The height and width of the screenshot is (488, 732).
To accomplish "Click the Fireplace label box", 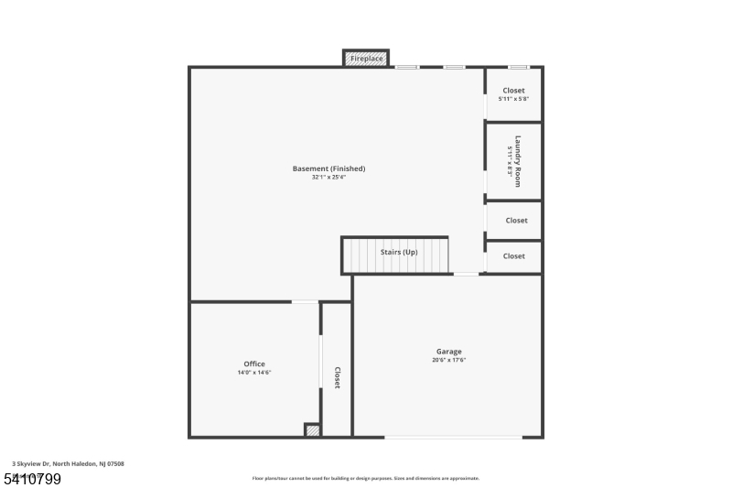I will pos(366,59).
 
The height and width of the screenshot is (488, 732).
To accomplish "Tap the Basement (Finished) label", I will pos(328,168).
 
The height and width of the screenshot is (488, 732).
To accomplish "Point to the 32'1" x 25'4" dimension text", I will pos(328,177).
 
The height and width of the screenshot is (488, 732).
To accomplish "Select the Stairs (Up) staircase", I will pos(397,255).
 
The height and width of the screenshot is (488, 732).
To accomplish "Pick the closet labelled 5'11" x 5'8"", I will pos(512,94).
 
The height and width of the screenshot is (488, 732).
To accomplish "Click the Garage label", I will pos(448,352).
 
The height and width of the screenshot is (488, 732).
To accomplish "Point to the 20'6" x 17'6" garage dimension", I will pos(448,360).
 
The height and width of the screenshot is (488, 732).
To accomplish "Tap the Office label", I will pos(254,364).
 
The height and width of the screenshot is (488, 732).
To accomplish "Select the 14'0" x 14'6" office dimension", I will pos(254,373).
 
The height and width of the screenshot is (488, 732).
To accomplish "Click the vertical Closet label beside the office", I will pos(337,377).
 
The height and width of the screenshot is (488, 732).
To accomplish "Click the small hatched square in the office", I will pos(313,429).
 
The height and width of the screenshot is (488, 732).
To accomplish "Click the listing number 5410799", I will pos(32,479).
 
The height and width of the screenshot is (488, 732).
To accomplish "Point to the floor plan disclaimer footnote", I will pos(366,478).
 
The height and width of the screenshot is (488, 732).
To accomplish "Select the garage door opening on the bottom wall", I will pos(453,437).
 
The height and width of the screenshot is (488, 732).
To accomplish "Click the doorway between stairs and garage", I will pos(466,274).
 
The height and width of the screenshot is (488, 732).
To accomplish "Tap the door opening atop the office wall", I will pos(305,301).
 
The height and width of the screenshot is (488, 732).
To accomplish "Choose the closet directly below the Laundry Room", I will pos(516,220).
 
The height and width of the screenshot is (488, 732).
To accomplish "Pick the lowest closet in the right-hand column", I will pos(514,256).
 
